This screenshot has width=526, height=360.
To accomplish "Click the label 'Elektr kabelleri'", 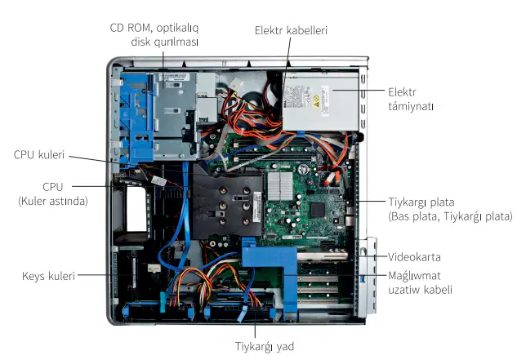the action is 291,30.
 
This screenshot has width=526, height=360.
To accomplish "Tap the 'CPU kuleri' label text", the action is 39,154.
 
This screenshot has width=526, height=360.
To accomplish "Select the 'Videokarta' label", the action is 414,257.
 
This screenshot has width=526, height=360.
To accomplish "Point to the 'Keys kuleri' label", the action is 48,276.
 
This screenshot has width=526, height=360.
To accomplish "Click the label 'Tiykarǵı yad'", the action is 265,347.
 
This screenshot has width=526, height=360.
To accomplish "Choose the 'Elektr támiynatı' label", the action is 411,100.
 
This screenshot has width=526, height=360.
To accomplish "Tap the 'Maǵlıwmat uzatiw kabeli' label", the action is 420,282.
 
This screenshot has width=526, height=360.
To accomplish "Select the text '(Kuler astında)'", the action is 53,201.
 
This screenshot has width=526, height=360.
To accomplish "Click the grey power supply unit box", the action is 320,101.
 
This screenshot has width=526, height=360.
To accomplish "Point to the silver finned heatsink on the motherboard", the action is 280,186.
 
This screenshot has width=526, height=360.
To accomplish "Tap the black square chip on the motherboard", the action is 318,210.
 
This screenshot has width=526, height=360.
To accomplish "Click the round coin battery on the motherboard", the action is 303,169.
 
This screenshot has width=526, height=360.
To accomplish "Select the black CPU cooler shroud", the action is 227,201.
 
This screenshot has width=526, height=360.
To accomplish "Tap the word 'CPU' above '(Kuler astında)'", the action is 52,187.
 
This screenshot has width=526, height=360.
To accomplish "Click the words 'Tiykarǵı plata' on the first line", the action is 421,202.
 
